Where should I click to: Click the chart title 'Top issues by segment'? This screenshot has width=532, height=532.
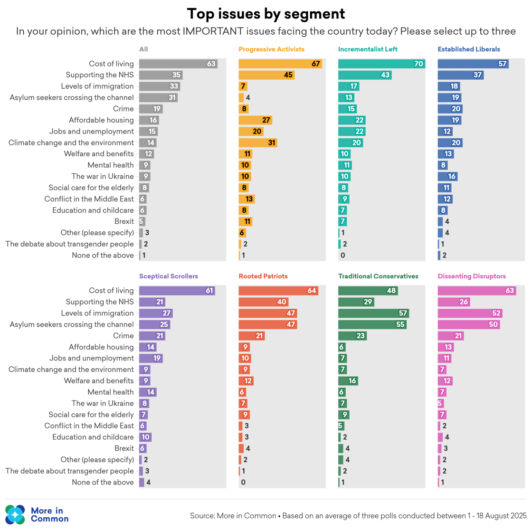coord(266,14)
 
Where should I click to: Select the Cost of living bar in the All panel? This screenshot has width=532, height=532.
coord(178,64)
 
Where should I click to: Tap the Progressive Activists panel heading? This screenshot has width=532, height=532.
coord(271,49)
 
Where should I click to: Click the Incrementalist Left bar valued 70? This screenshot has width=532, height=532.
coord(381,64)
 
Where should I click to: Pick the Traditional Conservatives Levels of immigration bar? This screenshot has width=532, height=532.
coord(373,313)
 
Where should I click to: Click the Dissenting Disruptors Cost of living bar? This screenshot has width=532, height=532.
coord(476,291)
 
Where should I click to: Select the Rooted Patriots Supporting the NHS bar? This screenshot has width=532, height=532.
coord(263,302)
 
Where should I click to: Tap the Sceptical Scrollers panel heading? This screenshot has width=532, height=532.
coord(168,276)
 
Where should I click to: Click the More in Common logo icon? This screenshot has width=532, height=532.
coord(15,514)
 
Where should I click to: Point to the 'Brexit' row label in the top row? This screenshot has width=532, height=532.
coord(124,222)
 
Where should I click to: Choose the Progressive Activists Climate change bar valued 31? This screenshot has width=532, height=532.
coord(257,143)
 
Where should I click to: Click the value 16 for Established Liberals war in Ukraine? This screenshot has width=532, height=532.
coord(452,177)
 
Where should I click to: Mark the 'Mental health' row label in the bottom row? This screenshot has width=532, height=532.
coord(111,392)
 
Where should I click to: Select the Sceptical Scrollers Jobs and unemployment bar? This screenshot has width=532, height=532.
coord(151,359)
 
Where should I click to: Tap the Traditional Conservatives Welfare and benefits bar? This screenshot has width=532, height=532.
coord(348,381)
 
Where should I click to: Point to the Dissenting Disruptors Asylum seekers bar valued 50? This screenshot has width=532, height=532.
coord(468,325)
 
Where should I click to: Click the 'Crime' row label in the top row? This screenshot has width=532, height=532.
coord(123,109)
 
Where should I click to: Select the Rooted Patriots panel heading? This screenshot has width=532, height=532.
coord(263,276)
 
